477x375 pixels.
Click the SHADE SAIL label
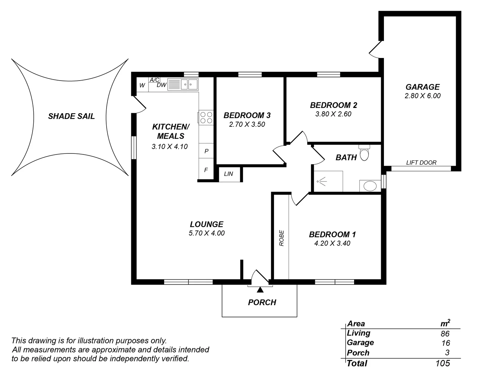click(71, 116)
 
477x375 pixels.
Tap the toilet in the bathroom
click(364, 152)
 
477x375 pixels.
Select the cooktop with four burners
click(206, 118)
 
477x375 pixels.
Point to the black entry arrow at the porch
click(260, 290)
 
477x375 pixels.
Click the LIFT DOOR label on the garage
click(421, 162)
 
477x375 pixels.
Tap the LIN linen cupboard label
click(228, 174)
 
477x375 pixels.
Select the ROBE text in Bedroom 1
click(282, 238)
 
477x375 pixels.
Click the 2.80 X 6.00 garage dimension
click(422, 96)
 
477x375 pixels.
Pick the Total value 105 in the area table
click(443, 363)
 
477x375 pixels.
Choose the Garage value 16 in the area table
click(446, 343)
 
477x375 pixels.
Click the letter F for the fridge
click(206, 170)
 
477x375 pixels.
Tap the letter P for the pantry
click(206, 151)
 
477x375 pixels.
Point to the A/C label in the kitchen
click(154, 80)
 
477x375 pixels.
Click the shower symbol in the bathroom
click(322, 181)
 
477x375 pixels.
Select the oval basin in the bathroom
click(370, 186)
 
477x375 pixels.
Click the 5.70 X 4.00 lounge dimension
click(207, 233)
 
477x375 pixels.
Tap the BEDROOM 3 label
click(247, 115)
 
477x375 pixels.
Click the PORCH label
click(262, 302)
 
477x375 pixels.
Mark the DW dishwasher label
click(161, 85)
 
